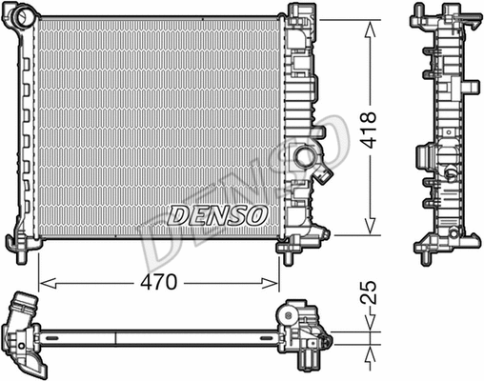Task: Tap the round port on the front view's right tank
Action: coord(306,155)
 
